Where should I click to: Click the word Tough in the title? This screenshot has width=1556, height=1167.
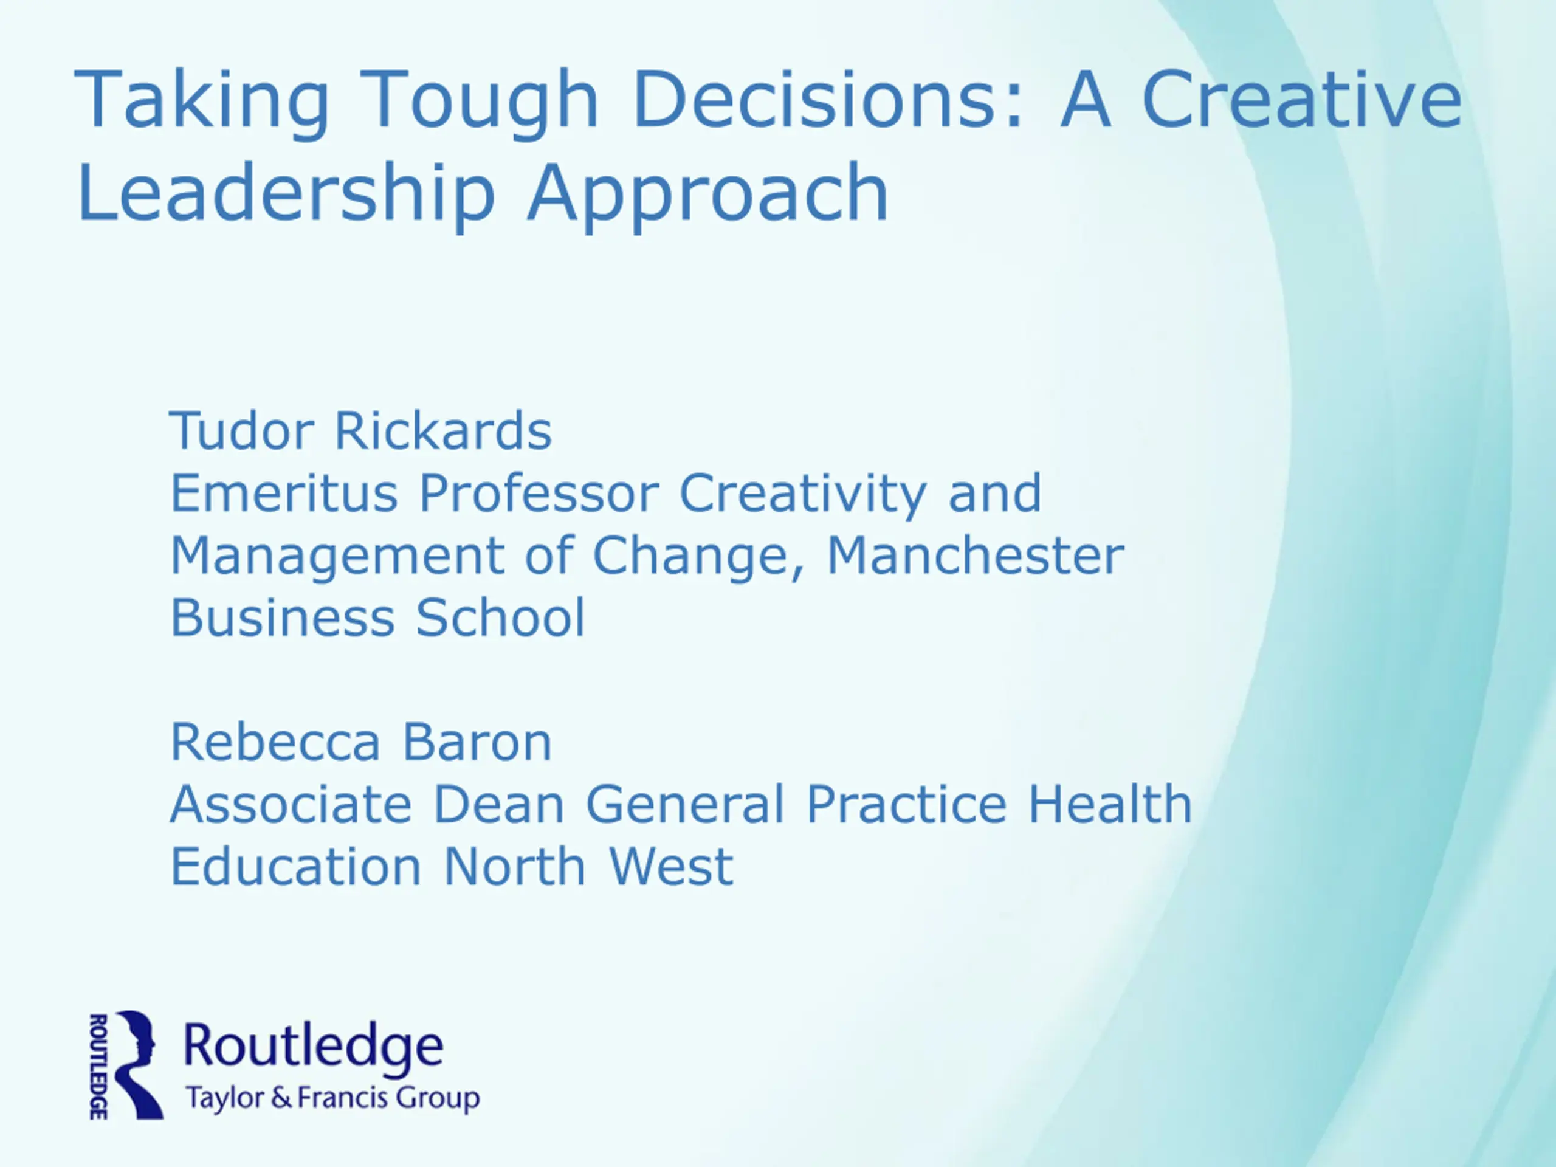pos(483,102)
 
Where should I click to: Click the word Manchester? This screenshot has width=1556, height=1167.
pos(976,555)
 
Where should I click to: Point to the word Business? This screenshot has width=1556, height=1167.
pos(283,617)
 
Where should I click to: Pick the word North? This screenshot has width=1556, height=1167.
pos(515,866)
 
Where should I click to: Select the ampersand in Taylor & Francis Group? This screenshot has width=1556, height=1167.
pos(281,1097)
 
